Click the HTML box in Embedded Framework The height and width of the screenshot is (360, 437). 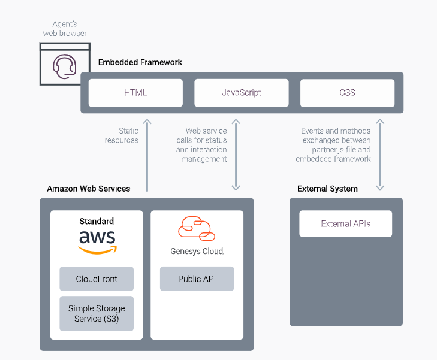coord(135,93)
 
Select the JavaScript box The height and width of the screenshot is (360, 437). coord(242,93)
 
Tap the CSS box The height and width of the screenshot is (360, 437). coord(347,93)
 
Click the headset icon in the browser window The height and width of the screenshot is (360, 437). coord(64,65)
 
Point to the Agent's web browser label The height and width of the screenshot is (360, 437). coord(65,29)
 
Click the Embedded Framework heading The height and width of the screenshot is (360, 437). coord(140,62)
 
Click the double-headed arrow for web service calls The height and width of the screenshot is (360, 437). coord(236,155)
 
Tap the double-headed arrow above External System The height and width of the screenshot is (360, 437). coord(379,155)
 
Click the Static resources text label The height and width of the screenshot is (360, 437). coord(122,135)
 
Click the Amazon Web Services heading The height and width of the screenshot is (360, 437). coord(89,189)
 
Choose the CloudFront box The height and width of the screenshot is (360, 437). coord(97,279)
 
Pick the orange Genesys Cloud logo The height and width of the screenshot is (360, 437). coord(197,229)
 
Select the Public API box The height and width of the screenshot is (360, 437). coord(197,279)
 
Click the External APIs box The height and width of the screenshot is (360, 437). coord(346,224)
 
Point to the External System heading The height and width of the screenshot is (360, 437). coord(327,189)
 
